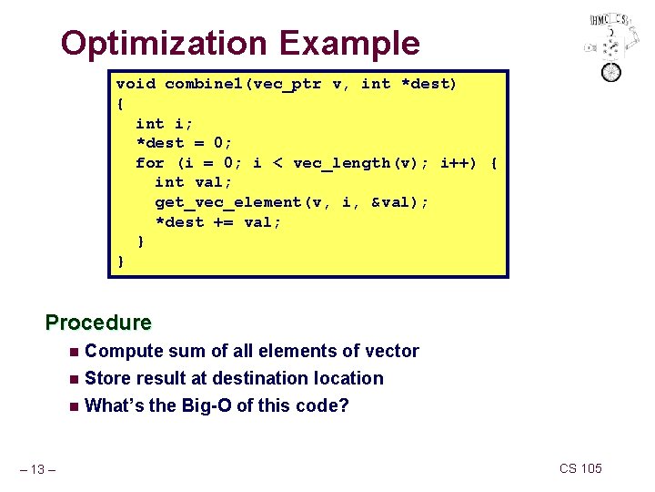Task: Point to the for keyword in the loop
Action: click(150, 163)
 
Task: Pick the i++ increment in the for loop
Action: click(458, 163)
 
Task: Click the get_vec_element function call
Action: click(234, 202)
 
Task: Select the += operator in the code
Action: click(224, 222)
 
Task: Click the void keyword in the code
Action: click(136, 85)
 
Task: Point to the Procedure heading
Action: click(98, 323)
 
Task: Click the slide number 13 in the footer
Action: click(40, 469)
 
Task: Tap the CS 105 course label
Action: click(580, 468)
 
